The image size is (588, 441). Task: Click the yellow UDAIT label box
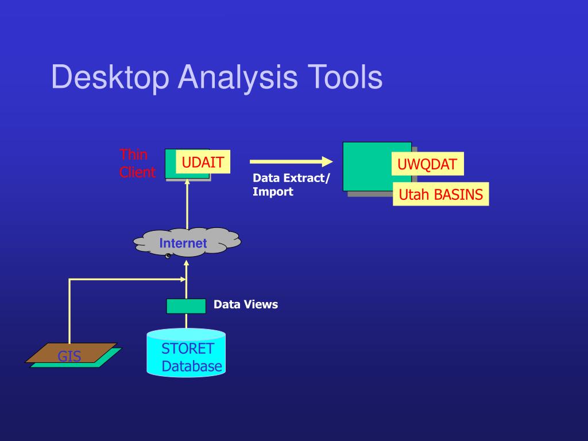[203, 162]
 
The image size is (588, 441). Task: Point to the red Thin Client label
[137, 163]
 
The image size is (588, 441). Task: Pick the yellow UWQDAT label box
[427, 165]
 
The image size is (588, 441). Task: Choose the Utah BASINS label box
[440, 195]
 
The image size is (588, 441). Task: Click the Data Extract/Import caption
[291, 185]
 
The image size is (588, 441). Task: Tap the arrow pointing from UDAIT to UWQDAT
[291, 162]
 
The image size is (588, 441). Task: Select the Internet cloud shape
[187, 242]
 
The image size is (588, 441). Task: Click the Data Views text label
[246, 304]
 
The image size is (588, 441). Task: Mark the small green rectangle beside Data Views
[186, 306]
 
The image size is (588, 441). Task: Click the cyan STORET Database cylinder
[186, 353]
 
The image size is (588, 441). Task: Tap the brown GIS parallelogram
[71, 354]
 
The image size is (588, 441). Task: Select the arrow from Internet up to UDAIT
[187, 204]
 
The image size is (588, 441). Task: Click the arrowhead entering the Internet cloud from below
[186, 264]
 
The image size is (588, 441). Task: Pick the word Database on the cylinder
[192, 366]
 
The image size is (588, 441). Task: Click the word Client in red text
[137, 172]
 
